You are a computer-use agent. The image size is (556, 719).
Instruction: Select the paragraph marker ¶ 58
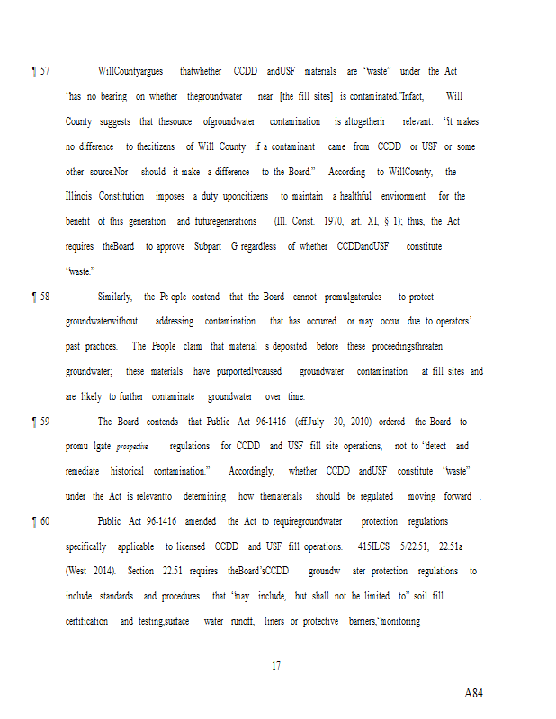[x=40, y=297]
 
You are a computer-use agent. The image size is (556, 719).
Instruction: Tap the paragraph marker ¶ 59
[x=40, y=422]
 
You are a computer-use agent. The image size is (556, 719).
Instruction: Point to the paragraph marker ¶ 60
[x=40, y=521]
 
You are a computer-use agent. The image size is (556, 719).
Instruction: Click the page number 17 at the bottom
[x=276, y=666]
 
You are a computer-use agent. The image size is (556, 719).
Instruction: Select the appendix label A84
[x=473, y=693]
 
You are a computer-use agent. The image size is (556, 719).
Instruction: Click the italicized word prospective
[x=132, y=447]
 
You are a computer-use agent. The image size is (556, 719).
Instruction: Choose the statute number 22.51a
[x=454, y=546]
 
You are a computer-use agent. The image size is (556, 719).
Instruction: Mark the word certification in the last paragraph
[x=87, y=621]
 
